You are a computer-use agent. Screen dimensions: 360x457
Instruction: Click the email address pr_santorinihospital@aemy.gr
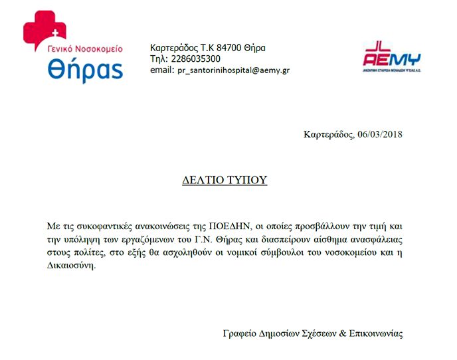(x=233, y=70)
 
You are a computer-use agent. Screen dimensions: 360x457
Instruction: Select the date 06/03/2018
(x=379, y=134)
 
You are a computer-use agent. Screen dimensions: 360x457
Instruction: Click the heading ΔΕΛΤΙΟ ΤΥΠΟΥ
(x=225, y=180)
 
